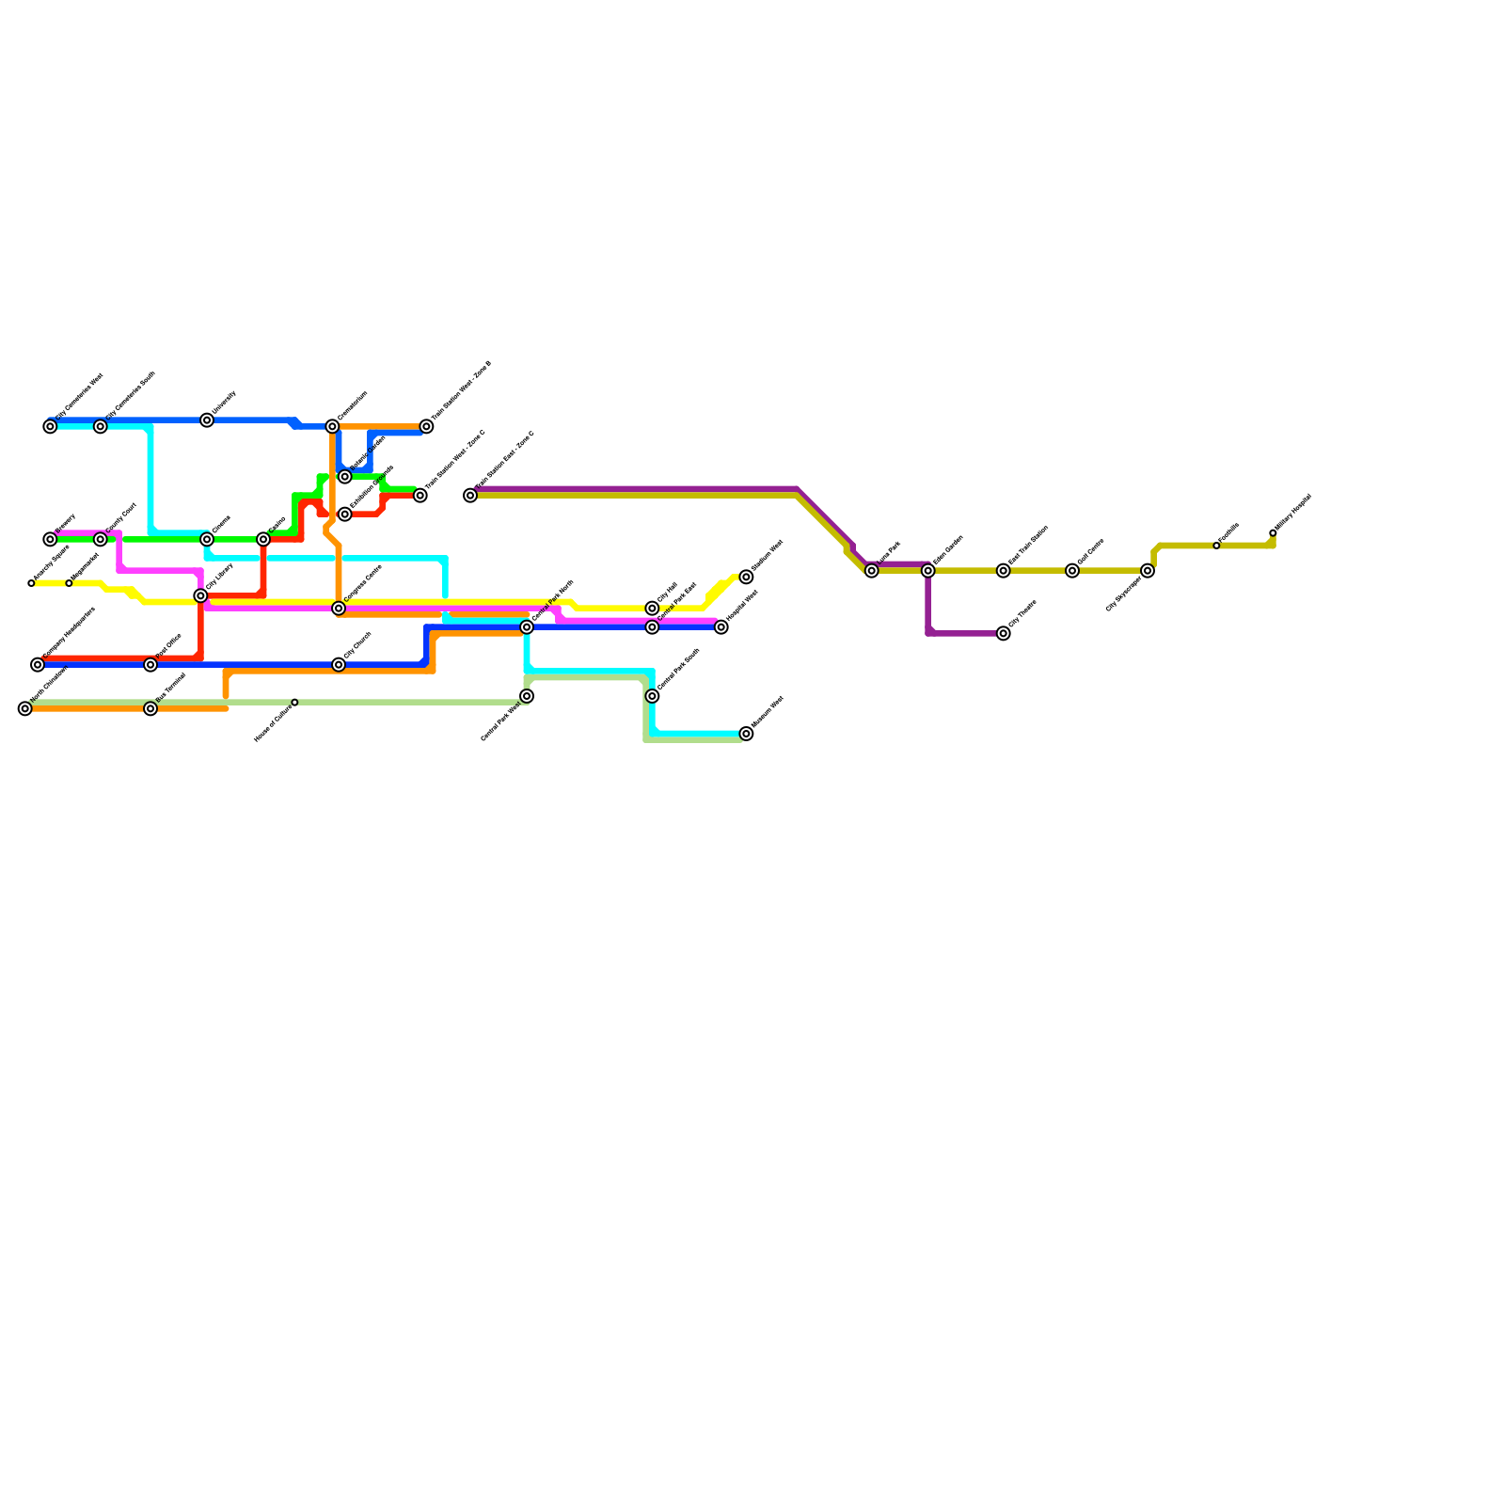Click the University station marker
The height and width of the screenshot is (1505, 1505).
[207, 420]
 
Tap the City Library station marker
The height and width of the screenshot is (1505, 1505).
[200, 596]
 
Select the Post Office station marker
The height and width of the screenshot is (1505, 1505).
[150, 665]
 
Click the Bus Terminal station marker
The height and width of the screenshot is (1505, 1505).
[150, 708]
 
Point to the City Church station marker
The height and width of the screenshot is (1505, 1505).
[339, 665]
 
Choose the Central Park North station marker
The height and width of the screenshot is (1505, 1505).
[527, 627]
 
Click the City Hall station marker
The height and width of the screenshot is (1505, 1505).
[652, 609]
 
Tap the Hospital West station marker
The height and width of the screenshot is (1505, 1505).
[721, 627]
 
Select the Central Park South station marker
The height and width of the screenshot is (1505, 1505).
[652, 696]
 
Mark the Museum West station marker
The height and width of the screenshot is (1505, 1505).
[746, 734]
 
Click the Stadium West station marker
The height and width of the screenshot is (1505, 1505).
[746, 577]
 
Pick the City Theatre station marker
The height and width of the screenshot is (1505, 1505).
[1004, 633]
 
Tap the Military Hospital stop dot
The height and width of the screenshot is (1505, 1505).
[1273, 533]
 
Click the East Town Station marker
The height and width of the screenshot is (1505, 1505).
[1004, 571]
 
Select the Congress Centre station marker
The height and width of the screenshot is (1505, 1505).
[339, 609]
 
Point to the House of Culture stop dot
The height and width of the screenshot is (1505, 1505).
[294, 703]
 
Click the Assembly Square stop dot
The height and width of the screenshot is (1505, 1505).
[31, 583]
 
